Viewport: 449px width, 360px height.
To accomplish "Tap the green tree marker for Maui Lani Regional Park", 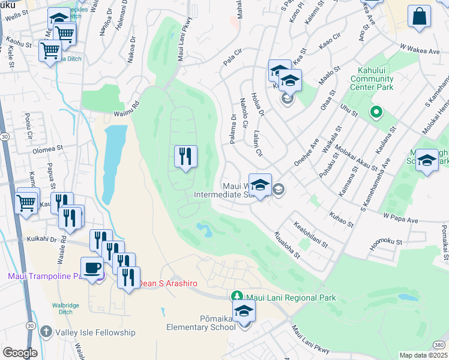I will (237, 296).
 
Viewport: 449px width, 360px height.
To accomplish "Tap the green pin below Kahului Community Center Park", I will (376, 112).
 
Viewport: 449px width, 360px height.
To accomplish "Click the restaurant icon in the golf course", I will (185, 157).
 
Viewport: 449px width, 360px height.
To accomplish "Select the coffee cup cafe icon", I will (92, 268).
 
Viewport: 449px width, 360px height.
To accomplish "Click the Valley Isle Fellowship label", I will (95, 332).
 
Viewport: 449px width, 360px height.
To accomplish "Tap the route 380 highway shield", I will (440, 344).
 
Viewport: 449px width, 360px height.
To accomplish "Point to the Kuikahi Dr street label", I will (41, 239).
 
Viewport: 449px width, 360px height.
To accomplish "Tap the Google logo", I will (20, 353).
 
